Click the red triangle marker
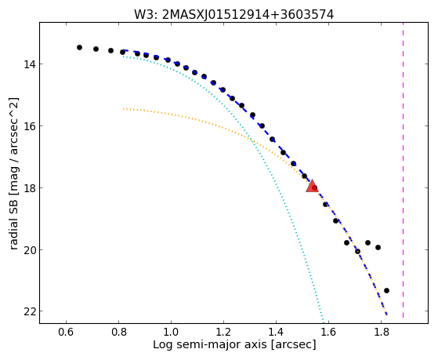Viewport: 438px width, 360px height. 312,187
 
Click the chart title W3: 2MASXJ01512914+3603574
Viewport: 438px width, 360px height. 233,15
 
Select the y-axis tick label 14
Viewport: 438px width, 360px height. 29,64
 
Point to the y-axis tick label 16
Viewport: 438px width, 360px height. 29,126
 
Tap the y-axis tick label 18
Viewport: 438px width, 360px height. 29,188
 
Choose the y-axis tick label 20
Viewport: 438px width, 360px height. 29,249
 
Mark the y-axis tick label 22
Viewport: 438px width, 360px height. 29,311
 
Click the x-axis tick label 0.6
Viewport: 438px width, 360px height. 66,332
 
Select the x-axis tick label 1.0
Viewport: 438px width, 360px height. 171,332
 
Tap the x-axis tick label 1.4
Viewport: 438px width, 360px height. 276,332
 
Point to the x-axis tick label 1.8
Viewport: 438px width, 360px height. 381,332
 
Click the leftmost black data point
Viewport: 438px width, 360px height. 79,48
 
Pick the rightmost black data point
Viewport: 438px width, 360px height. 386,291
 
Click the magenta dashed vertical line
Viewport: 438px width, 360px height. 403,170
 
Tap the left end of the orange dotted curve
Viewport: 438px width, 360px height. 123,109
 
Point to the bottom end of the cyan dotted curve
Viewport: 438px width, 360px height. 323,322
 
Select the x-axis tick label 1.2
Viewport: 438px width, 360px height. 223,332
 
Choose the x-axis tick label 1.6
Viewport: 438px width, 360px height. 328,332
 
